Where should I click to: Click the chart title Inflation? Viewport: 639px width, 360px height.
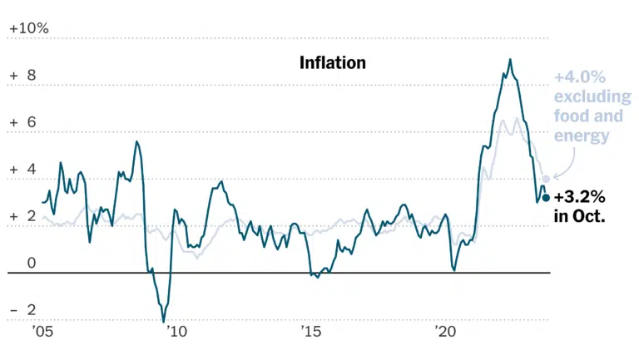333,62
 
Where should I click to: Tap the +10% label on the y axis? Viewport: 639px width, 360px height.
29,28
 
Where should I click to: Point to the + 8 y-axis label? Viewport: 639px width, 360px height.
22,76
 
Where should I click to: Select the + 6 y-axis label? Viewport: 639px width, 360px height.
22,122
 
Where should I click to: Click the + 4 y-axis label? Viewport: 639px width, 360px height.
22,169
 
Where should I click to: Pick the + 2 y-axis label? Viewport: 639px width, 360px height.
22,216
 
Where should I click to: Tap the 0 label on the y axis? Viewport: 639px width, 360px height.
32,263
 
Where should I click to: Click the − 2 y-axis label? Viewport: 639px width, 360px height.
22,310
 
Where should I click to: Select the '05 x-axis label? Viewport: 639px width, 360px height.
42,332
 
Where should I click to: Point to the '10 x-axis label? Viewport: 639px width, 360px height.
176,332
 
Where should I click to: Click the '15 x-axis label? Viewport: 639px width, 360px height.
311,332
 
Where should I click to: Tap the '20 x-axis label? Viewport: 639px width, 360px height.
445,332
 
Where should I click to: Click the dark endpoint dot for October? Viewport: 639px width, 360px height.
546,198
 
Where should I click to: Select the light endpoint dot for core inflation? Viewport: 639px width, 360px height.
546,179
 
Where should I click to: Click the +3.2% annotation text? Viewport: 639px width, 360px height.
579,198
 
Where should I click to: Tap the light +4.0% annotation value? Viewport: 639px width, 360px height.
579,77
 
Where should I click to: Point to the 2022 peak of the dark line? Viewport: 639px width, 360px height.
510,60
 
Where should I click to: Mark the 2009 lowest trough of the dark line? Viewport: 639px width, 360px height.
164,322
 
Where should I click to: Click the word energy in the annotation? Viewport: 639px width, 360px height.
582,136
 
